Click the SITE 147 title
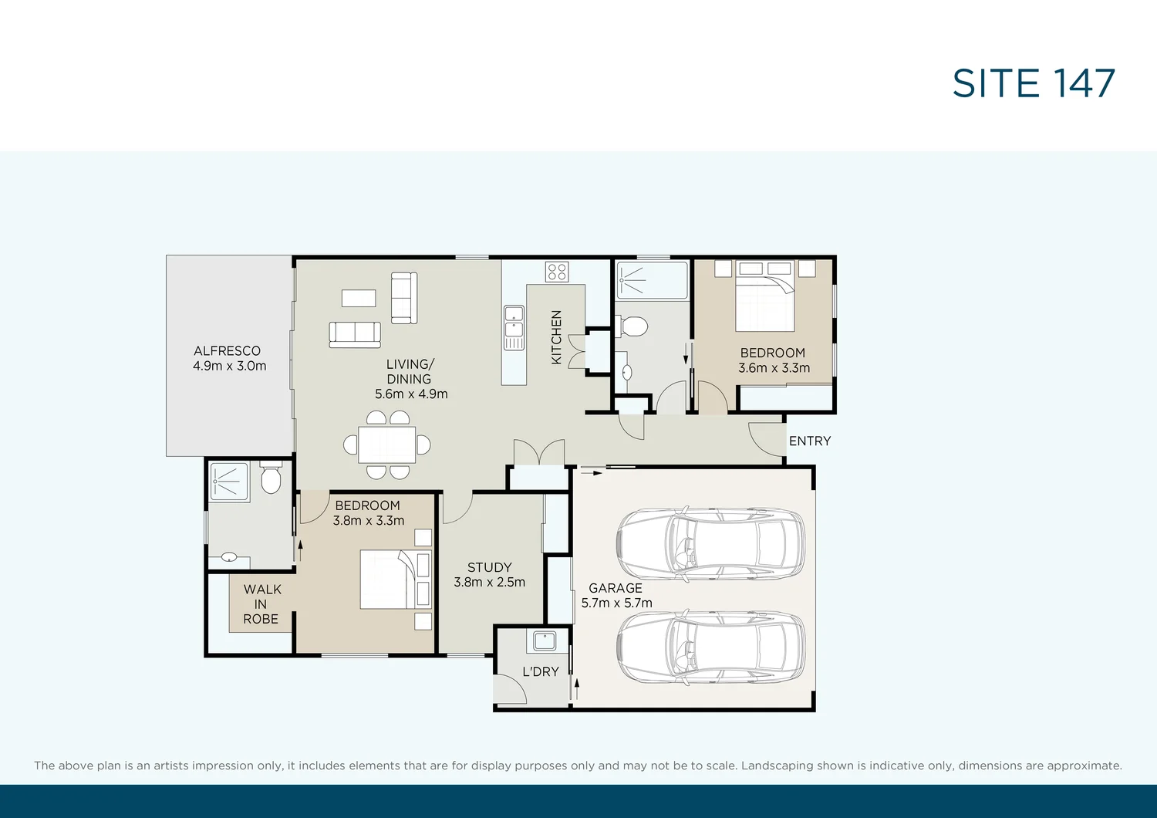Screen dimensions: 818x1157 coord(1034,83)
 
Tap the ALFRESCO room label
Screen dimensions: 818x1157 coord(228,351)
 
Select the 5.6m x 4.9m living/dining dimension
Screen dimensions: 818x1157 coord(411,394)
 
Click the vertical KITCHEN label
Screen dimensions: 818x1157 coord(556,337)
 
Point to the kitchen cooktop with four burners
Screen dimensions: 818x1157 coord(557,272)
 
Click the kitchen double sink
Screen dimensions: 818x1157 coord(514,328)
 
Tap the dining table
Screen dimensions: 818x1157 coord(387,444)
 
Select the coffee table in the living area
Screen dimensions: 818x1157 coord(359,298)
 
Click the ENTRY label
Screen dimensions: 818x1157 coord(810,441)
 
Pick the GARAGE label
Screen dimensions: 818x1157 coord(616,588)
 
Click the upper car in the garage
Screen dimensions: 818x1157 coord(710,543)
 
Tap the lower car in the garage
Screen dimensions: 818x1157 coord(710,648)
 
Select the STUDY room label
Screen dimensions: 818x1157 coord(489,567)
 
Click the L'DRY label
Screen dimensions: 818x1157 coord(540,671)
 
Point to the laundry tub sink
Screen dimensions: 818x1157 coord(545,641)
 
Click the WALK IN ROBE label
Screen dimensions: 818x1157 coord(261,604)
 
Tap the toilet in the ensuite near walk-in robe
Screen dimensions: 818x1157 coord(271,478)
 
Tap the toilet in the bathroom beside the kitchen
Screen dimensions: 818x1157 coord(632,326)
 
